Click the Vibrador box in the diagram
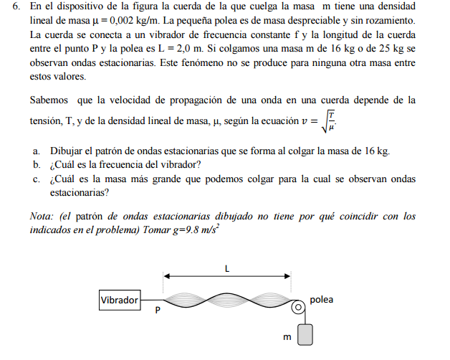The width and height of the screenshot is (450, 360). (120, 300)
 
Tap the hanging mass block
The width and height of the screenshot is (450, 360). (305, 336)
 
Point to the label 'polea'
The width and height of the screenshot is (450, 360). (322, 299)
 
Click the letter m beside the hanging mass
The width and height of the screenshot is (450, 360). (286, 336)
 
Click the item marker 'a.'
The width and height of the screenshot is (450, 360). (36, 151)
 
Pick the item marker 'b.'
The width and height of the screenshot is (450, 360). (36, 165)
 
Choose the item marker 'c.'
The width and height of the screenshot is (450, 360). (36, 179)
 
